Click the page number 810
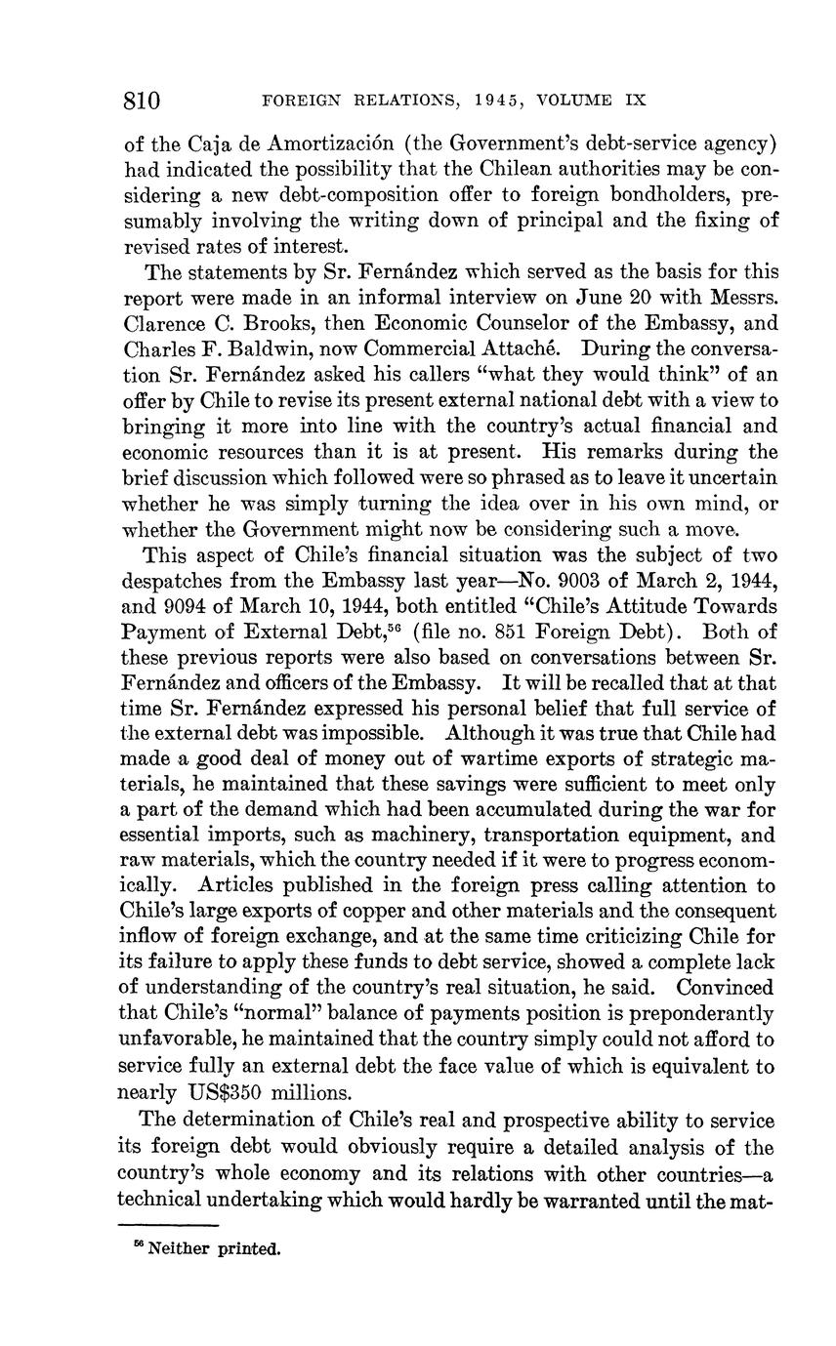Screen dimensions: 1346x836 143,101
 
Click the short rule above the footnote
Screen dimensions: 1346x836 167,1224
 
